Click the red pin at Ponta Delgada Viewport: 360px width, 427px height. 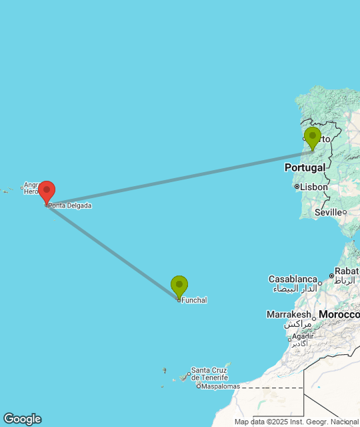click(46, 191)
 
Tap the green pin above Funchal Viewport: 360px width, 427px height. click(179, 286)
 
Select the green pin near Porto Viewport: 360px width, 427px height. click(312, 137)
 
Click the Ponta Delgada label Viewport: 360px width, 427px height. click(70, 205)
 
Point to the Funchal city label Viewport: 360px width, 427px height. click(194, 300)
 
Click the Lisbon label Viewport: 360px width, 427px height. click(314, 187)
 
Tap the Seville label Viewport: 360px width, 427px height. click(329, 212)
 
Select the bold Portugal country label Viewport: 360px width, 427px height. click(305, 167)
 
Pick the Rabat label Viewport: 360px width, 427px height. click(347, 271)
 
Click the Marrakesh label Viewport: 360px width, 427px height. click(289, 314)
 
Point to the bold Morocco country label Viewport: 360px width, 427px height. click(339, 314)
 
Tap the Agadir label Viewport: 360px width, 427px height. click(302, 336)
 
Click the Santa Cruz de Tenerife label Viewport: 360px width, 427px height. click(210, 374)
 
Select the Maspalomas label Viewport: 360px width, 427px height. click(221, 386)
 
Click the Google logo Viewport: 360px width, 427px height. click(21, 419)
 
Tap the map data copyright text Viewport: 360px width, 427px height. click(296, 422)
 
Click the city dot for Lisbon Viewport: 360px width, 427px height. click(297, 187)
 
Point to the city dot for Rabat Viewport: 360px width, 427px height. click(331, 276)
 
